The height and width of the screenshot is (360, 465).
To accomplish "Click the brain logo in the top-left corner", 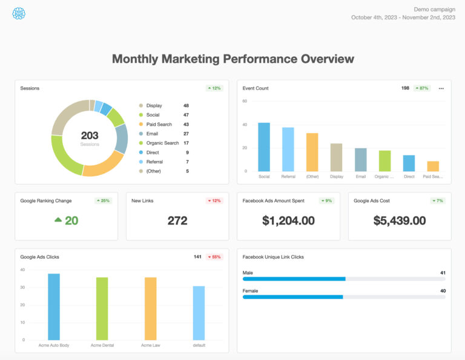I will (x=19, y=13).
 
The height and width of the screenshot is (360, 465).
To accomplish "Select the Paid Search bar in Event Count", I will (x=433, y=166).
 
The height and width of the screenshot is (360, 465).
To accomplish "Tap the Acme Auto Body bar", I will (x=54, y=307).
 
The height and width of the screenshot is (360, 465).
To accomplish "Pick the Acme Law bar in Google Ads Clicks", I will (x=151, y=309).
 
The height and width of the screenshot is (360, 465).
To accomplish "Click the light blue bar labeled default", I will (x=199, y=313).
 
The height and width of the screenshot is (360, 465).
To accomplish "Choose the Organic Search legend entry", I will (x=162, y=143).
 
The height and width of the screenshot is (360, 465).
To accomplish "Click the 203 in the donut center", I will (x=90, y=136).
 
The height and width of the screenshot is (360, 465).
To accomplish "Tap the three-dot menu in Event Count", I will (x=441, y=88).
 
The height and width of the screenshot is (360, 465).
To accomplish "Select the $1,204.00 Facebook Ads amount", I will (x=288, y=221).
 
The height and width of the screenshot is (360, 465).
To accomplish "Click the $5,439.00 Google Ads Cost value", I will (x=400, y=221).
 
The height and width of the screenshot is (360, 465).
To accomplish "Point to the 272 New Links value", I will (x=177, y=221).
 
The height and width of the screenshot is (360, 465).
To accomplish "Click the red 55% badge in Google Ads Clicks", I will (x=214, y=257).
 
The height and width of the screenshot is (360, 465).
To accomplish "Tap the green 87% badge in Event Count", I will (x=422, y=88).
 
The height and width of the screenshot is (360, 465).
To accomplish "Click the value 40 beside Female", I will (x=443, y=291).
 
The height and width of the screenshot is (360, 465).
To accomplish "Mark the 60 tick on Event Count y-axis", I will (x=245, y=101).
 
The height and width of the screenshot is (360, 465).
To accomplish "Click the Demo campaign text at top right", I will (x=434, y=9).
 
